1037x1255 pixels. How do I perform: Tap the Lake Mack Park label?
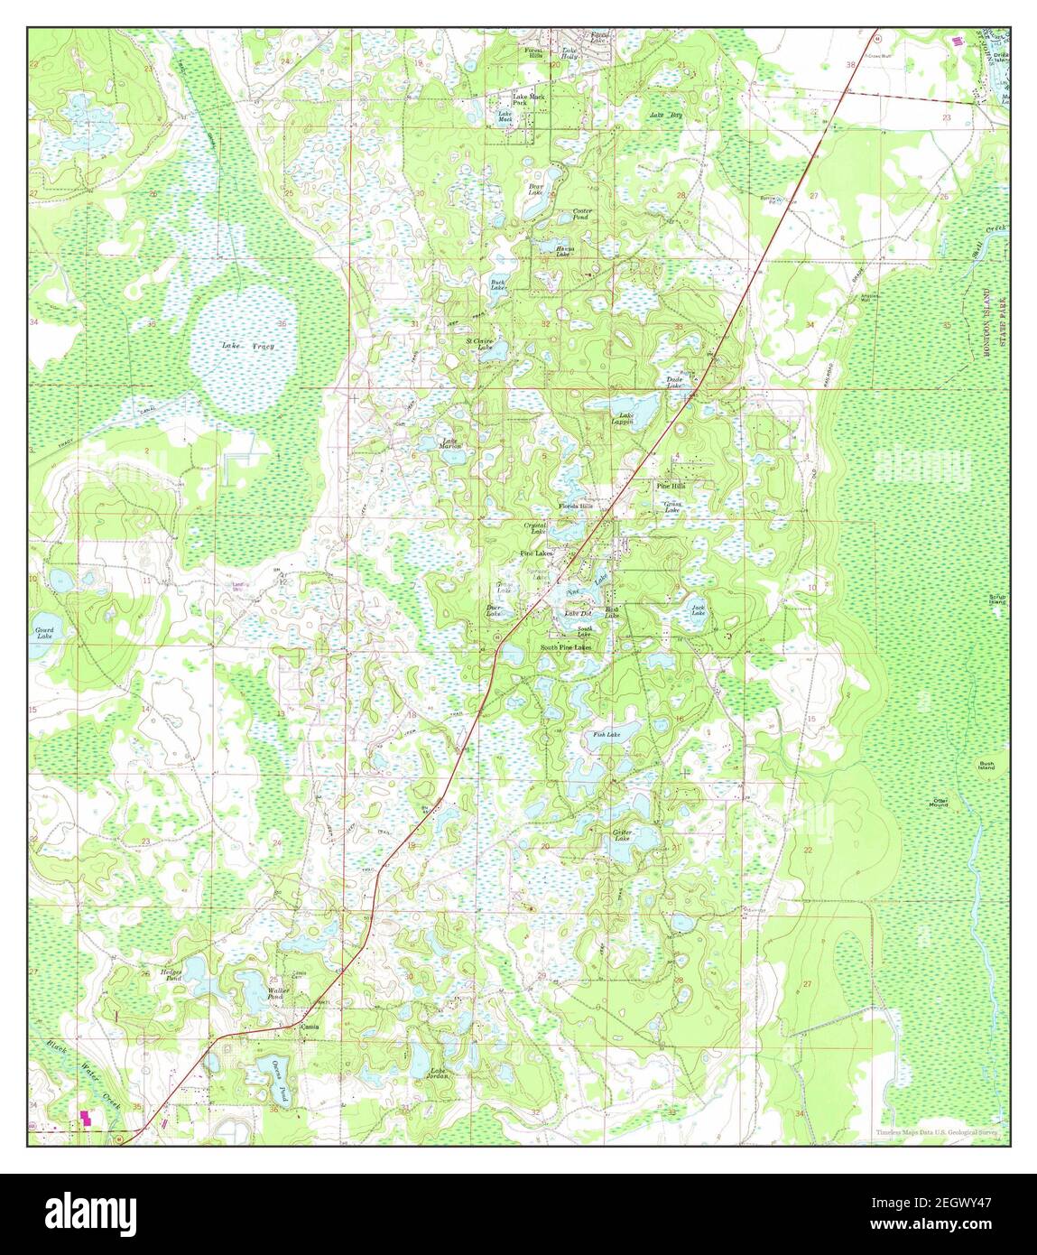[529, 99]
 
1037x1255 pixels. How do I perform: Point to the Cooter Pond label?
[582, 215]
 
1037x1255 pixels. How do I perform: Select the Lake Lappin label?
[622, 419]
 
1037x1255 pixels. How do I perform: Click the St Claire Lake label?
[479, 344]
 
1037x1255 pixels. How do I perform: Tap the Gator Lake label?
[622, 834]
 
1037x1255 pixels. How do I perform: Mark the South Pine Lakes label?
[566, 647]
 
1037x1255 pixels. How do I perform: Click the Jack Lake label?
[698, 610]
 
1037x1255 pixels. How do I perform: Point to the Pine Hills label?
[670, 486]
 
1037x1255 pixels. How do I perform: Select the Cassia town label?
[310, 1027]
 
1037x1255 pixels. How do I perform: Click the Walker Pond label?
[276, 993]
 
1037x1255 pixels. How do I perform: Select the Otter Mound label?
[940, 802]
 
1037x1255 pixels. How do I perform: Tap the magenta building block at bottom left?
[88, 1118]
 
